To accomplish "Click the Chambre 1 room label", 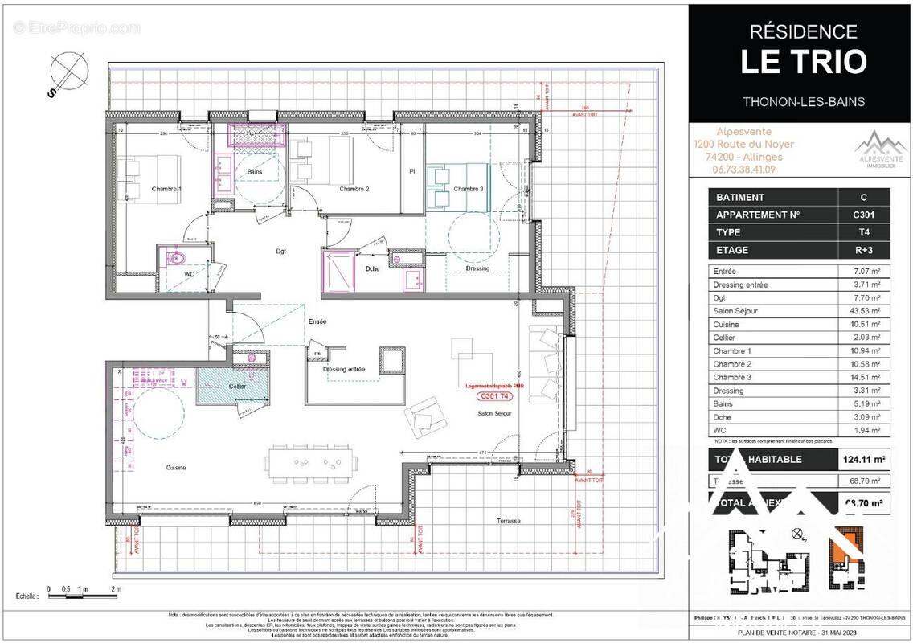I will (166, 189).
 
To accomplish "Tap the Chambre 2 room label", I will (354, 189).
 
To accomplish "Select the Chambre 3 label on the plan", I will (468, 189).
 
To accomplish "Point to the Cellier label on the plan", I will (237, 387).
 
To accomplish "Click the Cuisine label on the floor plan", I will (176, 466).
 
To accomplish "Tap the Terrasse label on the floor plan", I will (509, 521).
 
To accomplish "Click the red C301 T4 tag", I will (495, 396).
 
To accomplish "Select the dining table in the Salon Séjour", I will (313, 462).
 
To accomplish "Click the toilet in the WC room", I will (174, 257).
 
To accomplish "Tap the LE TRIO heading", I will (803, 62).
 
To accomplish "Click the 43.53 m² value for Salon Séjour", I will (864, 311).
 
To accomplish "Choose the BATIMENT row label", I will (740, 197).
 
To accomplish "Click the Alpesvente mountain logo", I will (878, 147).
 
